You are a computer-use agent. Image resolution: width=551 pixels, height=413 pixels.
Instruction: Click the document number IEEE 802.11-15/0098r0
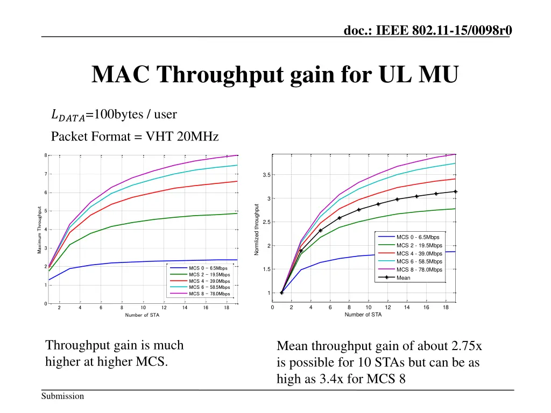tap(428, 31)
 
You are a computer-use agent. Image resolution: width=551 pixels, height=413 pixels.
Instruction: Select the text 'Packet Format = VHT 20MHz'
tap(135, 137)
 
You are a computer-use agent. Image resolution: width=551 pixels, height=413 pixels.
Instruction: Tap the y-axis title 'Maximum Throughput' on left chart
tap(40, 230)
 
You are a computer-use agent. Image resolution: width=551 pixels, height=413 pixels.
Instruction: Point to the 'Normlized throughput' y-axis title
tap(257, 230)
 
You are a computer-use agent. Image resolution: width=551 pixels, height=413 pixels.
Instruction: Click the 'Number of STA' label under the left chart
tap(142, 315)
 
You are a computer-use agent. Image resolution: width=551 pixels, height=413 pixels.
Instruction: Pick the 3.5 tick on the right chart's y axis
tap(267, 175)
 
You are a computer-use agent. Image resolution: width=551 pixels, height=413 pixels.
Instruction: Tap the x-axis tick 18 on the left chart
tap(227, 308)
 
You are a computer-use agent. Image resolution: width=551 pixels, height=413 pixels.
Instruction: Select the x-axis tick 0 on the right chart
tap(272, 308)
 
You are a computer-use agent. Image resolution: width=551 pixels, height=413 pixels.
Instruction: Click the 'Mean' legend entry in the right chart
tap(404, 278)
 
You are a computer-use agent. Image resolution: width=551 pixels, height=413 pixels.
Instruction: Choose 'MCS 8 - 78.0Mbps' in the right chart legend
tap(419, 270)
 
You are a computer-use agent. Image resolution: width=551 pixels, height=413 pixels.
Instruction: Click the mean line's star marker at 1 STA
tap(281, 293)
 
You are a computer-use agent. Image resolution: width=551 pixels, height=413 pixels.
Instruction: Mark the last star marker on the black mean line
tap(455, 191)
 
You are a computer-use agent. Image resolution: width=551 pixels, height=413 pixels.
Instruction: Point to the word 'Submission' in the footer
tap(63, 396)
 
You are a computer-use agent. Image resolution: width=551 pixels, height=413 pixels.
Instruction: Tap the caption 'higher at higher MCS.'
tap(107, 361)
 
